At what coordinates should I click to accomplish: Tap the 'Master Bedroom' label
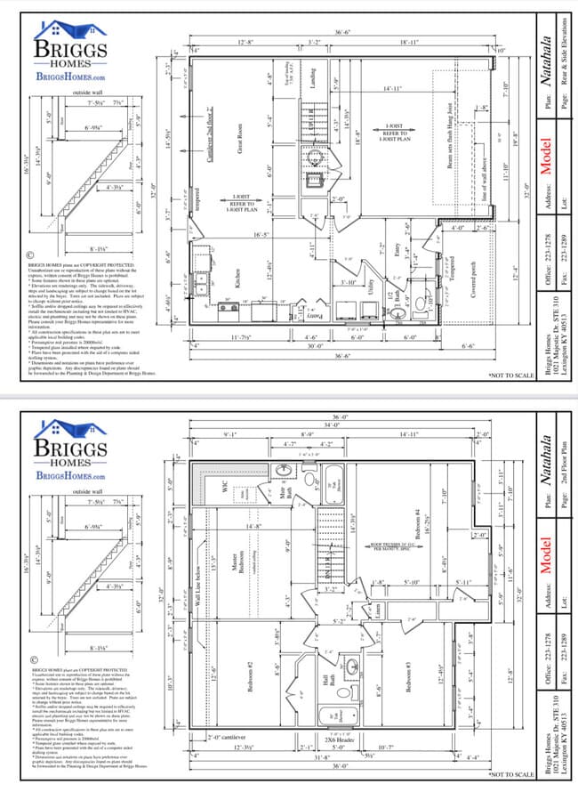point(238,570)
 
